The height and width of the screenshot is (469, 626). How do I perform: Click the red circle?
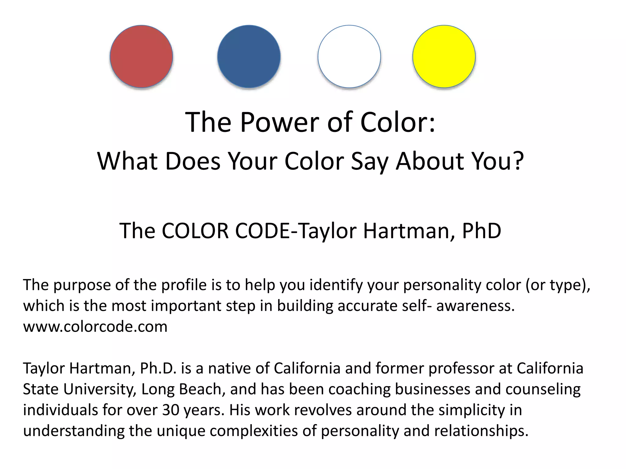(141, 56)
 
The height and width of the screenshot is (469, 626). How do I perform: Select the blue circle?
(249, 56)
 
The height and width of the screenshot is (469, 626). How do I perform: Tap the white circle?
(349, 56)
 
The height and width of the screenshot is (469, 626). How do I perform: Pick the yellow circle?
(444, 56)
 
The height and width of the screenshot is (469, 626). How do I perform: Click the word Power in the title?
(280, 122)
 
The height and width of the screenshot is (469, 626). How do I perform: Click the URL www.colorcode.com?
(95, 327)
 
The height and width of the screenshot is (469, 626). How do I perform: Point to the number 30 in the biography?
(171, 410)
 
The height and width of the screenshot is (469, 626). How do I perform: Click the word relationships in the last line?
(481, 431)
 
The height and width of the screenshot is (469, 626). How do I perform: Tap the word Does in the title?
(193, 161)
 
